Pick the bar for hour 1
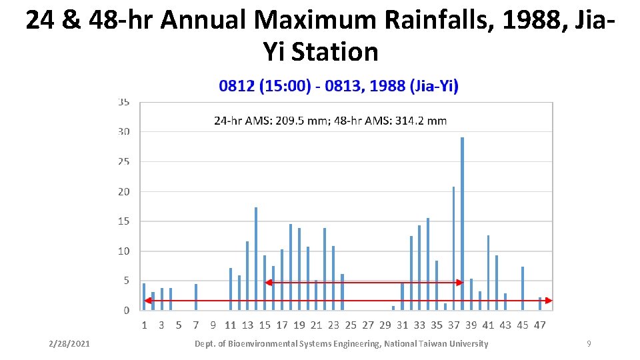click(144, 297)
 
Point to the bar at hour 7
click(196, 297)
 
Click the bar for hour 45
click(523, 288)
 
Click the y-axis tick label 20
click(124, 191)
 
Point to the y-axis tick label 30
click(124, 131)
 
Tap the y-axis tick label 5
click(126, 281)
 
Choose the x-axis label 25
click(351, 325)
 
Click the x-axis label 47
click(540, 325)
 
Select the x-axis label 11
click(230, 325)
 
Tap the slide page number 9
click(589, 343)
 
